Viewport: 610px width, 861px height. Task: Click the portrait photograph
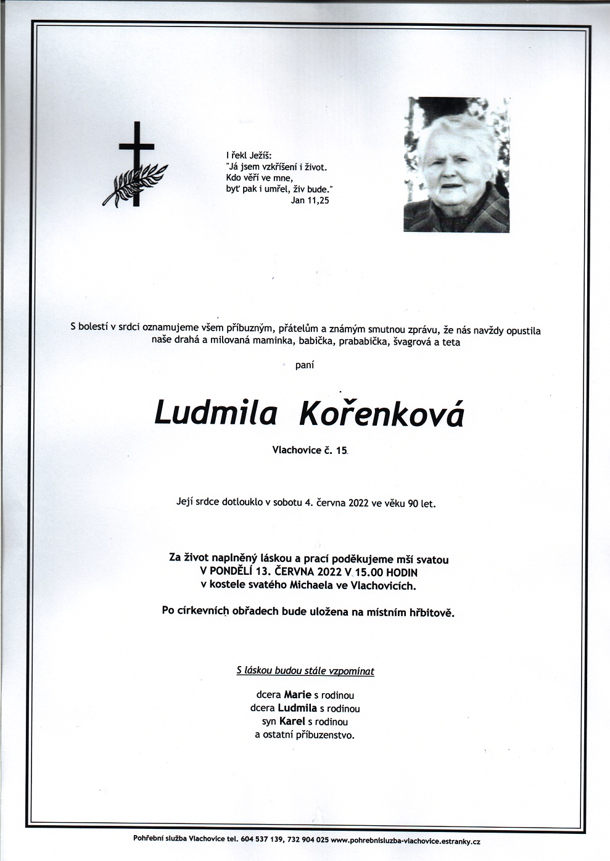tap(456, 165)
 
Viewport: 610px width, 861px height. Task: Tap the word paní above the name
tap(305, 365)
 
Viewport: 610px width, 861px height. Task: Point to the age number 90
tap(413, 503)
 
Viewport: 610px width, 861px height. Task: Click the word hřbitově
tap(431, 612)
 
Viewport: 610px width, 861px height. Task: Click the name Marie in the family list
tap(298, 695)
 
